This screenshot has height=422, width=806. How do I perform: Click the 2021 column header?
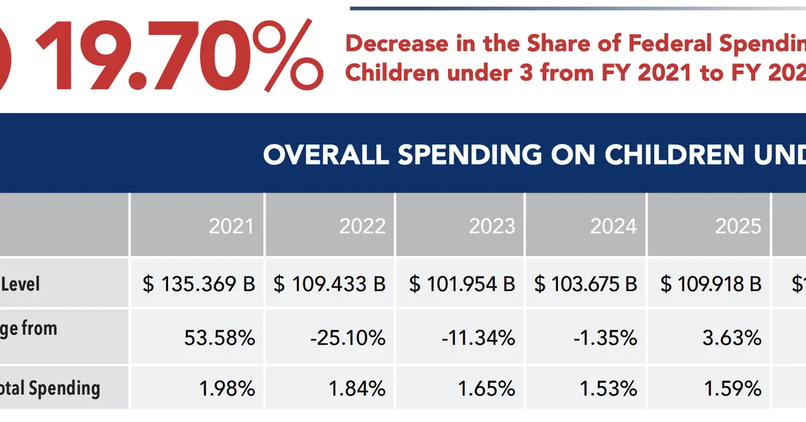pos(231,226)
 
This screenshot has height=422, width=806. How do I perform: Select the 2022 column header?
pos(362,226)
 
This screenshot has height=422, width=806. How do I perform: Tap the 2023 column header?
pos(492,226)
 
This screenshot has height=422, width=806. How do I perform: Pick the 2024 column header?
pos(613,226)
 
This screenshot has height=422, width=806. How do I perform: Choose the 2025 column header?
pos(738,226)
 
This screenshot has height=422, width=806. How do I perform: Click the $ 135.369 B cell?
pos(199,284)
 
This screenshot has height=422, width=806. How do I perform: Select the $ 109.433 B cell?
pos(330,284)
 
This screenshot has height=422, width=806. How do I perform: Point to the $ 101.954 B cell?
pos(462,284)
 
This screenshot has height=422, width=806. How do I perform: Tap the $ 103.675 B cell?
pos(586,284)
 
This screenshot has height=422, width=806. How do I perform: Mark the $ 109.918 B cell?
pos(711,284)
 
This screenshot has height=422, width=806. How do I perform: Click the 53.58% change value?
pos(220,337)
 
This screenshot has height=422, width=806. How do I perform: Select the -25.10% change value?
pos(348,337)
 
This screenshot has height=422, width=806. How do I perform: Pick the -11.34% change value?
pos(478,337)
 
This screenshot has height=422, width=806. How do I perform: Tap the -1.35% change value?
pos(605,337)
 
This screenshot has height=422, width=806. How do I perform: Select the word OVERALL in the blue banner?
pos(325,155)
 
